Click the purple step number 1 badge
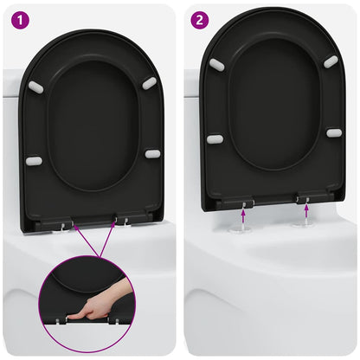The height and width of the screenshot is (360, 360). tap(16, 16)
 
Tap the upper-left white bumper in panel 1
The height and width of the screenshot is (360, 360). tap(36, 87)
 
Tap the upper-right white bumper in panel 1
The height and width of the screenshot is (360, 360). tap(149, 83)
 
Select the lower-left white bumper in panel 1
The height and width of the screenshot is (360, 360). tap(34, 161)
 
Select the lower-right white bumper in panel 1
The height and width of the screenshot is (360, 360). tap(152, 154)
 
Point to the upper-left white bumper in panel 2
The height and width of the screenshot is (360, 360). tap(216, 65)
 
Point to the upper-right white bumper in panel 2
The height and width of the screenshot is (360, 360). tap(331, 61)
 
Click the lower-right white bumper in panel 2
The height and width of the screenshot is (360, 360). tap(334, 133)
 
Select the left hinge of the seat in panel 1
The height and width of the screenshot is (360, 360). tap(65, 223)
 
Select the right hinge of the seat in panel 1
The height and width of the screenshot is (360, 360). tap(126, 221)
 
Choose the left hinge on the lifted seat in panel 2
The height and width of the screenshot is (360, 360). tap(247, 202)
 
